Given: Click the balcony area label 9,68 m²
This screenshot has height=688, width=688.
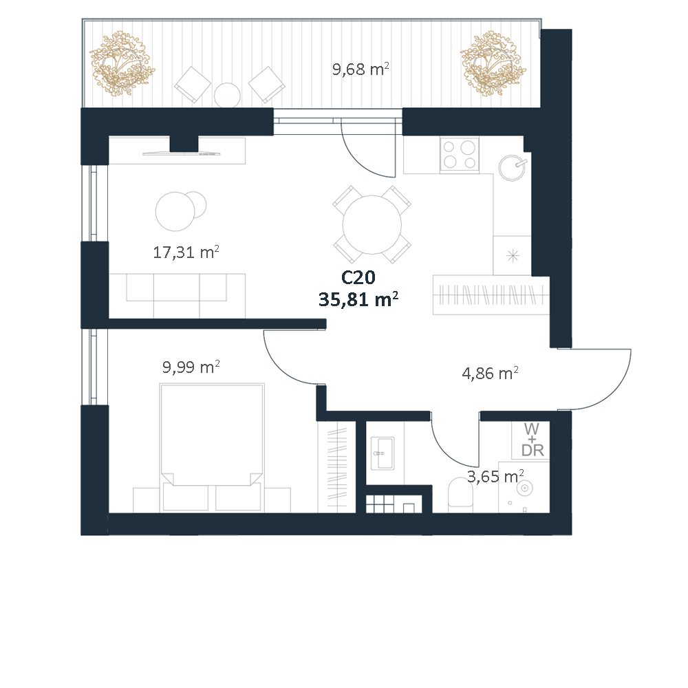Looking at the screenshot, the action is [361, 69].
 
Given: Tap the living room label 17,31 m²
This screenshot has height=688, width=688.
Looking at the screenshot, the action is [186, 252].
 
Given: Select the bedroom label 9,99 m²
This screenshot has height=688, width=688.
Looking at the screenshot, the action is [191, 367].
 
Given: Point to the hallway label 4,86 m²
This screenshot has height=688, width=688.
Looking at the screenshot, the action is [490, 373].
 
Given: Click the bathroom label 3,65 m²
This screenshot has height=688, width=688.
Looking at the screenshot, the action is [495, 477].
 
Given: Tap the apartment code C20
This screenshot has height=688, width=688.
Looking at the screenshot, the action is [358, 277].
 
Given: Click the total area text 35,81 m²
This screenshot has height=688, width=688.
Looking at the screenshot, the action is [358, 300].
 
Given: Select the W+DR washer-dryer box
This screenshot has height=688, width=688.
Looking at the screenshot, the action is [531, 440].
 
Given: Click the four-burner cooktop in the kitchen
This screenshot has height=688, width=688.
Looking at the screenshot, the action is [459, 155].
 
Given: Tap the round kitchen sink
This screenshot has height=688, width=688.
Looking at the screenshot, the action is [512, 167].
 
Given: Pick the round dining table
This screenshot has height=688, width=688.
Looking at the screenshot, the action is [372, 224].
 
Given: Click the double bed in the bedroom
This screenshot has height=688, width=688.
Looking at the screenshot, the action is [212, 447].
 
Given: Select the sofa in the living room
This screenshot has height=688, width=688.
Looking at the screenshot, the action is [177, 295].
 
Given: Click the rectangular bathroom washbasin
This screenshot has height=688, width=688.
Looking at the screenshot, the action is [382, 453].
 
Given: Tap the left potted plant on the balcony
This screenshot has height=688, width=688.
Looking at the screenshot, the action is [122, 63].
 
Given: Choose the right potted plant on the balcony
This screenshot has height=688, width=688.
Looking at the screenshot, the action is [493, 63].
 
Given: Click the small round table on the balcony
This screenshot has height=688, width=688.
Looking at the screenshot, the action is [227, 95].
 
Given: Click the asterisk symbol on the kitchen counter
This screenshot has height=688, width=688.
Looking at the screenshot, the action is [513, 255].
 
